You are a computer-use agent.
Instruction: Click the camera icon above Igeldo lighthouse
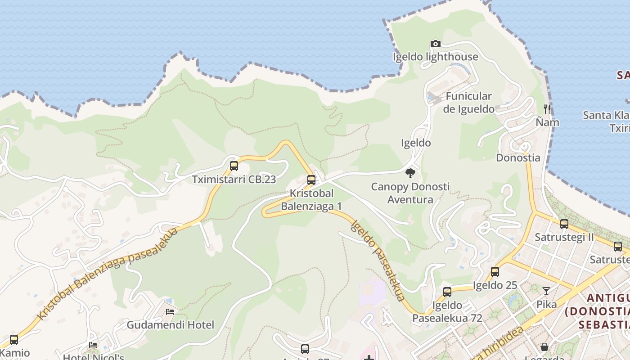click(x=435, y=44)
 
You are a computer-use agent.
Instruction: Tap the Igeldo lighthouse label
click(x=435, y=57)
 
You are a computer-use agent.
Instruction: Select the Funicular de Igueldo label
click(x=468, y=103)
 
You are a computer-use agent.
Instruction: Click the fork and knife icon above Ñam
click(x=547, y=109)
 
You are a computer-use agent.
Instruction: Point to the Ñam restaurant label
click(x=547, y=122)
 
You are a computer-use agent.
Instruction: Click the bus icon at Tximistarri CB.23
click(x=234, y=166)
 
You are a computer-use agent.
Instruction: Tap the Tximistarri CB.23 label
click(x=234, y=179)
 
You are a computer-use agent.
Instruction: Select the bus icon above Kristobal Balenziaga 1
click(x=311, y=180)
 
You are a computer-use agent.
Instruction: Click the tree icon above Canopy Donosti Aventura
click(x=410, y=173)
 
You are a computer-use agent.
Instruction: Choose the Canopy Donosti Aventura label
click(x=410, y=193)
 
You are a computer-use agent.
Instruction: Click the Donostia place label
click(x=518, y=157)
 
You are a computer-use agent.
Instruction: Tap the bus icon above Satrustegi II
click(x=564, y=224)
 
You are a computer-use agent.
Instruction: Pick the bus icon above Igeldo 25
click(x=495, y=271)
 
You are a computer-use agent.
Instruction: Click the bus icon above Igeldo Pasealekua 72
click(x=447, y=292)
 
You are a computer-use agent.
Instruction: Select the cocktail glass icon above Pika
click(x=546, y=291)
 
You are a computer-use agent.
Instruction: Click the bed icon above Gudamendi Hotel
click(x=170, y=311)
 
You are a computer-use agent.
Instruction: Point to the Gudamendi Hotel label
click(x=170, y=324)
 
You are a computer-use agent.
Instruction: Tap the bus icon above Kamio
click(x=14, y=340)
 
